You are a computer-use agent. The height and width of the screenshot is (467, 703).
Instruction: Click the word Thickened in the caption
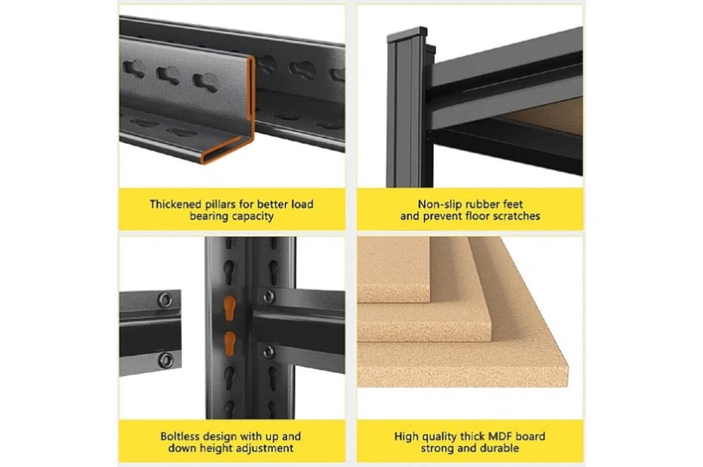point(176,204)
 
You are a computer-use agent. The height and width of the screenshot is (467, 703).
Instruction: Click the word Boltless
point(181,436)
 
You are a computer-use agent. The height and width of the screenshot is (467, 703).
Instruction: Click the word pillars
point(220,204)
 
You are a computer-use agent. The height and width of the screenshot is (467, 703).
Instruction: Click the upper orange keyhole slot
point(229,308)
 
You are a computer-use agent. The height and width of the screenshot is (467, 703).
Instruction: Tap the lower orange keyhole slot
point(229,344)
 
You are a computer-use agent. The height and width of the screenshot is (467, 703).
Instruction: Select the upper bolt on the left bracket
point(165,300)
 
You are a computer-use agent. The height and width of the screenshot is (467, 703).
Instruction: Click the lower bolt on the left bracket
point(166,360)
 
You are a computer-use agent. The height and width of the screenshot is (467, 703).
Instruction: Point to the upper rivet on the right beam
point(268,296)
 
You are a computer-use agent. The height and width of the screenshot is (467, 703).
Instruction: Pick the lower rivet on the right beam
point(268,352)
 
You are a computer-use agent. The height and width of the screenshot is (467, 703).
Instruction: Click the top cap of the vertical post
point(407,34)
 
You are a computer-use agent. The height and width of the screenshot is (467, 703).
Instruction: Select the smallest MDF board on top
point(393,269)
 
